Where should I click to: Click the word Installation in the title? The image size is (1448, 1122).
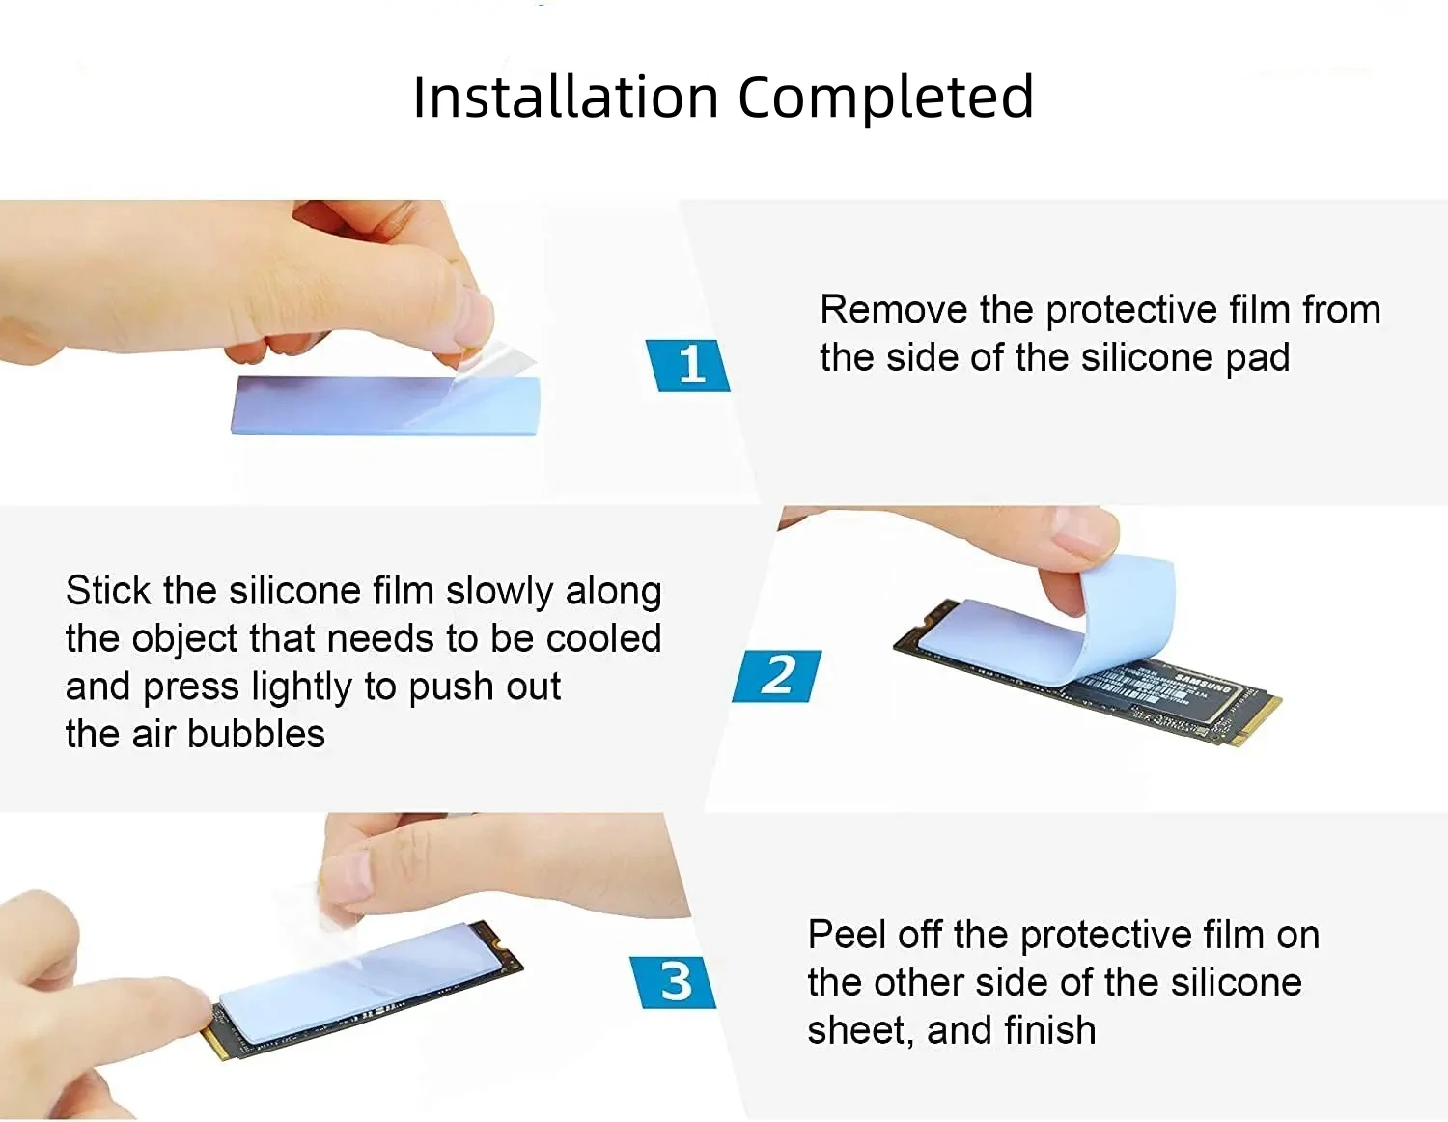click(x=566, y=98)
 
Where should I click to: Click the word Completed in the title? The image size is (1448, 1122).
click(x=885, y=98)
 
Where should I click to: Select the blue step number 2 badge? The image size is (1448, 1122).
click(x=778, y=675)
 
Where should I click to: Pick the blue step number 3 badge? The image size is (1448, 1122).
click(x=675, y=982)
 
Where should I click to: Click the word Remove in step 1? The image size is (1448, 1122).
click(x=893, y=310)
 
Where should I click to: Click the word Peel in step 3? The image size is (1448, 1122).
click(x=846, y=935)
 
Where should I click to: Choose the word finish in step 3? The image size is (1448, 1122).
click(x=1048, y=1031)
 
